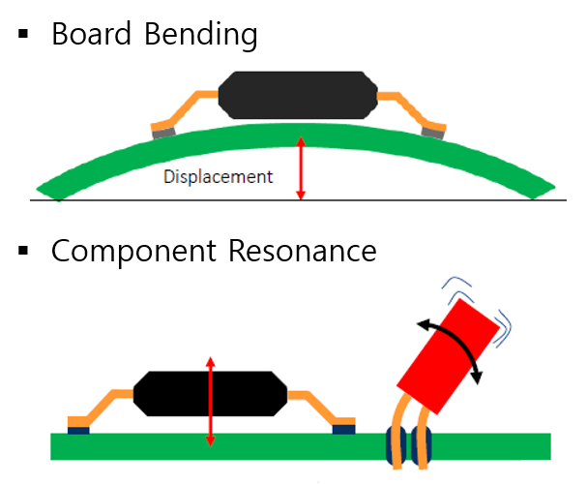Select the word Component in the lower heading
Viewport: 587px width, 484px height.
tap(134, 252)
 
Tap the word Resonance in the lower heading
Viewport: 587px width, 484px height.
tap(302, 252)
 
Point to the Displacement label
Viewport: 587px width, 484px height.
tap(218, 177)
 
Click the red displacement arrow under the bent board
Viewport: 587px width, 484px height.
tap(301, 169)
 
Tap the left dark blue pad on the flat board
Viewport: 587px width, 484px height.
tap(78, 427)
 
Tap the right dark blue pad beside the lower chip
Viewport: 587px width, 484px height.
tap(343, 427)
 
